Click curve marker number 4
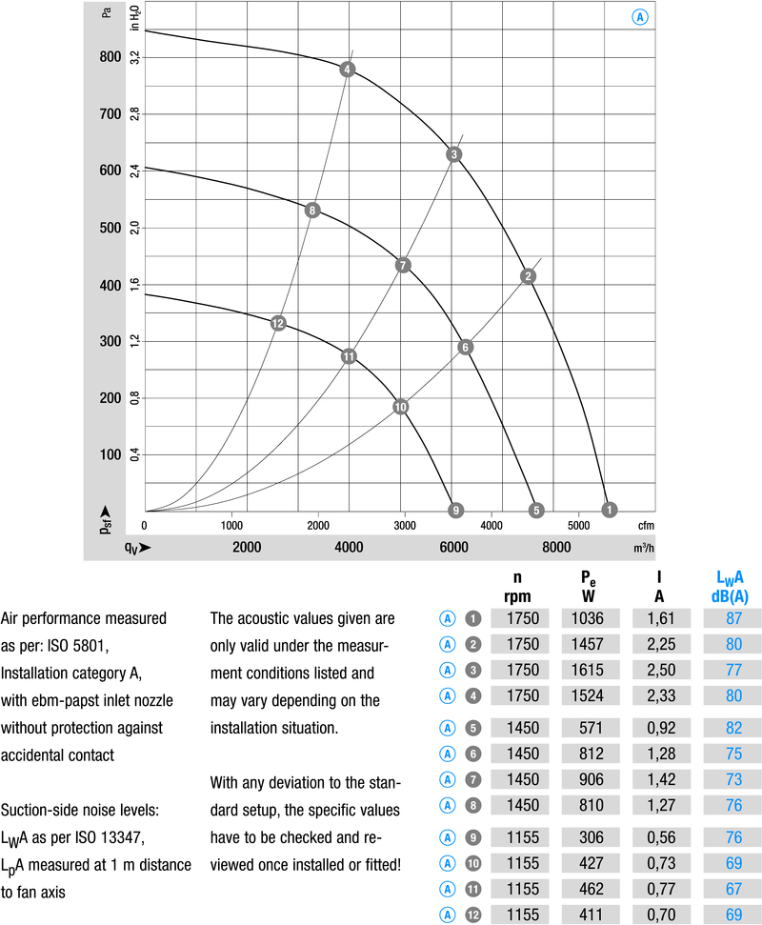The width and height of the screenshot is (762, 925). click(x=348, y=69)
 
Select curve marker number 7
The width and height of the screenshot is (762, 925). click(x=403, y=265)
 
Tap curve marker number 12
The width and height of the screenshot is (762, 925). click(x=278, y=323)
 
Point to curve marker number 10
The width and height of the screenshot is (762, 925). click(x=400, y=407)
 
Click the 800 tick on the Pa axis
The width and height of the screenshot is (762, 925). click(x=110, y=57)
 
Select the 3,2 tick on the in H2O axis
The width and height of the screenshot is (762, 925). click(x=135, y=57)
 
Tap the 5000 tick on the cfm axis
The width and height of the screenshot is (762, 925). click(x=578, y=525)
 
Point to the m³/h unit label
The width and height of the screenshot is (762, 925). click(x=643, y=548)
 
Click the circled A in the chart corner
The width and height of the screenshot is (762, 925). click(x=639, y=17)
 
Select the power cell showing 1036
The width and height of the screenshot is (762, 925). click(x=586, y=618)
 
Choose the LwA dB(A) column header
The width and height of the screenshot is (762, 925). click(x=729, y=585)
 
